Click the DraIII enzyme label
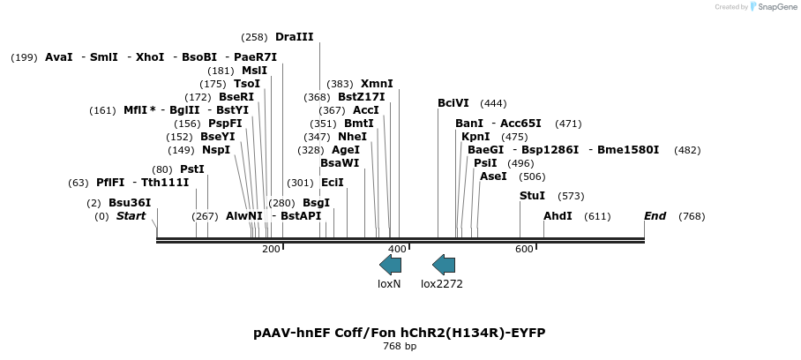click(294, 37)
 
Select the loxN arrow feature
click(390, 265)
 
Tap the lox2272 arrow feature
click(443, 265)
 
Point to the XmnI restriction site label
click(377, 84)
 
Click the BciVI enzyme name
click(453, 103)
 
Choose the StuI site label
click(532, 196)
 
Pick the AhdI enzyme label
click(558, 216)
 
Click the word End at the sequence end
click(655, 216)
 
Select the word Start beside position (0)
click(131, 216)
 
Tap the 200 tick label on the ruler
click(271, 249)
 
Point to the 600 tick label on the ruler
click(524, 249)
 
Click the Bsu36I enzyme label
click(130, 203)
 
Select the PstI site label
click(191, 169)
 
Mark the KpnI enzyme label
click(475, 137)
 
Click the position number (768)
click(692, 216)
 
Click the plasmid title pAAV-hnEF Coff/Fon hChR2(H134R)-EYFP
click(400, 333)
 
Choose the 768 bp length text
click(400, 346)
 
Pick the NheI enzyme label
click(352, 137)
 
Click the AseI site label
click(493, 176)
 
